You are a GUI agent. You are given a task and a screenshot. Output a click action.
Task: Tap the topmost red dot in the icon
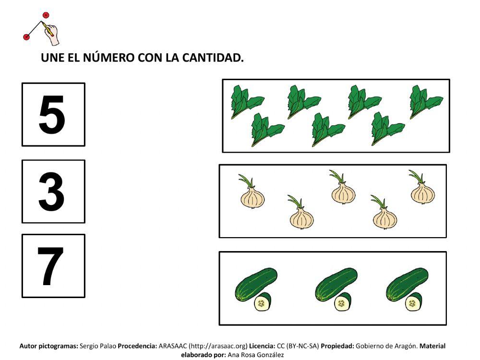(x=46, y=15)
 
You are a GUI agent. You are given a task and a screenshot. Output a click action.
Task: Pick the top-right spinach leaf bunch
(x=425, y=101)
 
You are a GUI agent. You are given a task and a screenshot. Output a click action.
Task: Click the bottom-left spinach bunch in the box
(x=266, y=129)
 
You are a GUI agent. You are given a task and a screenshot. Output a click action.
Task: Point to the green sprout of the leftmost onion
(x=246, y=181)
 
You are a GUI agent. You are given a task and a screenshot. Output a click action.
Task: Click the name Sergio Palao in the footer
(x=98, y=346)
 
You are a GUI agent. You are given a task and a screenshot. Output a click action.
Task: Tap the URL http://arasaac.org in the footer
(x=218, y=346)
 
